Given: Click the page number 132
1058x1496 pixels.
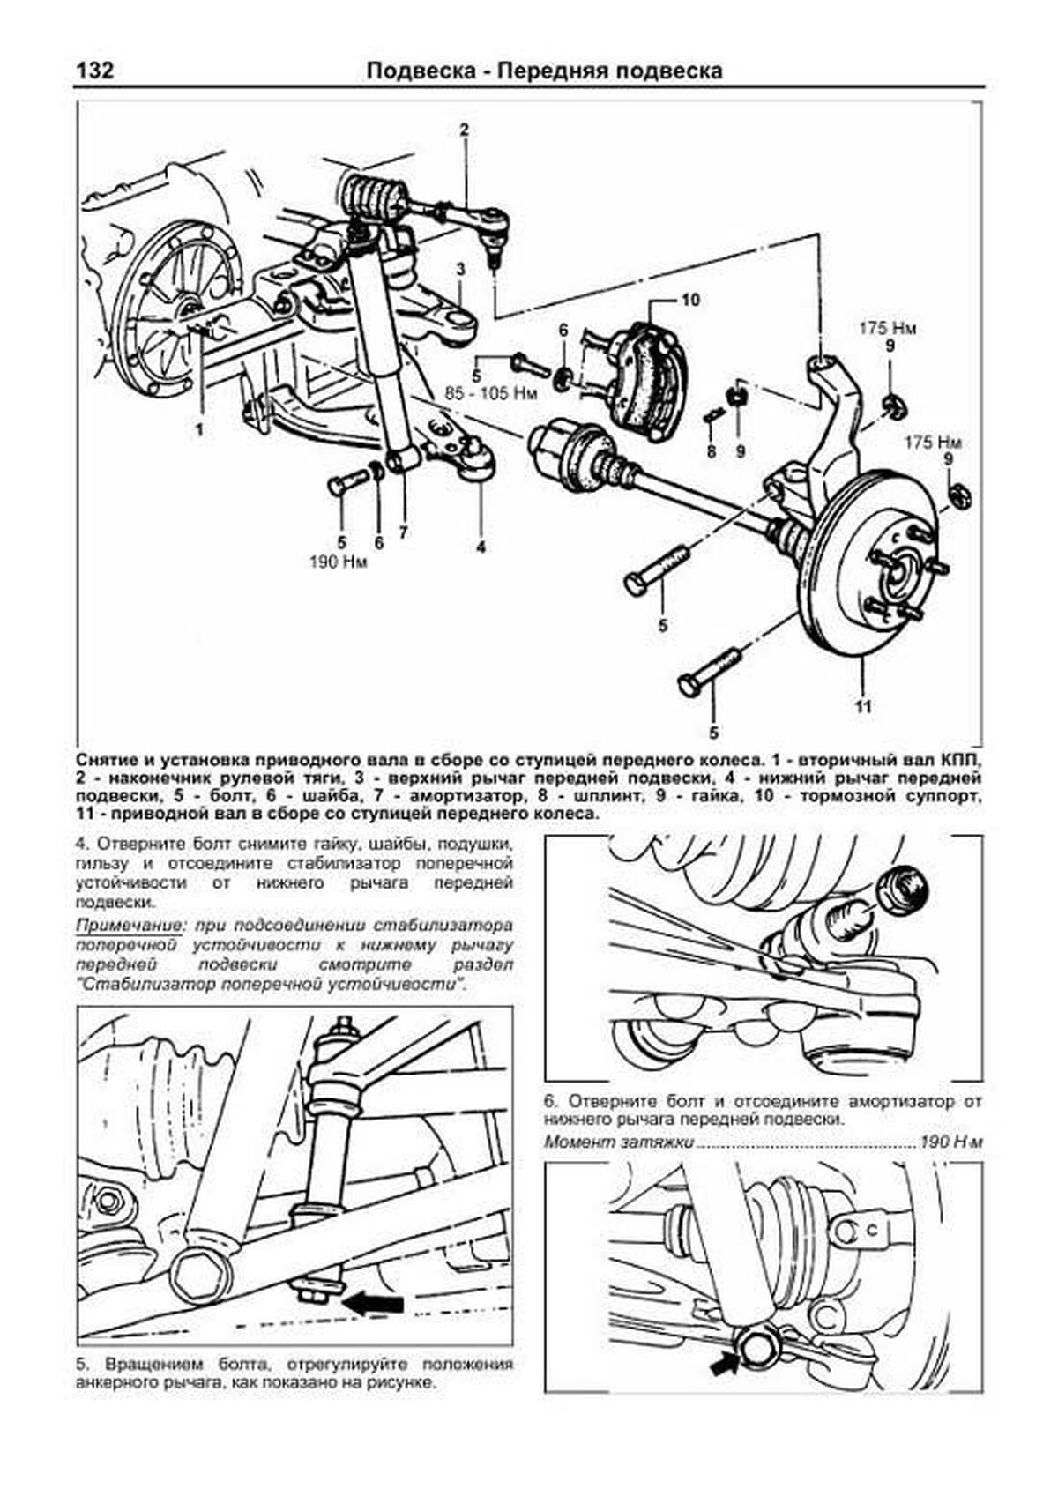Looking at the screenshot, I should pyautogui.click(x=96, y=71).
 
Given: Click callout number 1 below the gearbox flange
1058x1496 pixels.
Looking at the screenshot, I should pyautogui.click(x=200, y=430).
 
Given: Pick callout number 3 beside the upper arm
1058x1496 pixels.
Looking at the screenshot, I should pyautogui.click(x=460, y=268).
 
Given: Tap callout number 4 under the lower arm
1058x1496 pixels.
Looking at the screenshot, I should pyautogui.click(x=481, y=547).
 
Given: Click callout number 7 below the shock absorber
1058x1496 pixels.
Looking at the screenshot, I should pyautogui.click(x=403, y=532).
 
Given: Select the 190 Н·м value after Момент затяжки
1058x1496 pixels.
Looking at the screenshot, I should pyautogui.click(x=950, y=1142).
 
